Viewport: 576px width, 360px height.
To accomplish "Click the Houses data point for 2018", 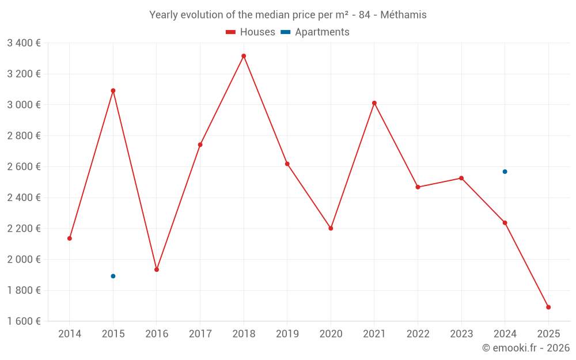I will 244,56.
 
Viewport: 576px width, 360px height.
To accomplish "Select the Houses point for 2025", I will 548,307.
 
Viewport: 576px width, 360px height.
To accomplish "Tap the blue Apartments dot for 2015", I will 113,276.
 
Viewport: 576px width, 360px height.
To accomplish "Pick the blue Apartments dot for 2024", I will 505,172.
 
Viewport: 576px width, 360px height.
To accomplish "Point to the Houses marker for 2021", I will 374,103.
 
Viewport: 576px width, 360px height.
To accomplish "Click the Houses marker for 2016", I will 157,270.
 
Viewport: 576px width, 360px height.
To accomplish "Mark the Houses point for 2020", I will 331,228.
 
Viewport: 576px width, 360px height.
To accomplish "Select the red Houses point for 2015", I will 113,90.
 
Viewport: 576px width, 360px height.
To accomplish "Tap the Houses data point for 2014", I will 70,238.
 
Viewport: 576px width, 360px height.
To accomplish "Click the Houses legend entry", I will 251,32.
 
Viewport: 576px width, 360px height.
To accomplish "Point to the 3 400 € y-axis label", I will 24,43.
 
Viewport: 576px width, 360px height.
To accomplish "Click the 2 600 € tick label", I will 24,166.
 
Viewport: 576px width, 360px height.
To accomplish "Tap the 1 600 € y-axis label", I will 24,321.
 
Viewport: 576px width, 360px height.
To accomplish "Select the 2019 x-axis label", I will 287,334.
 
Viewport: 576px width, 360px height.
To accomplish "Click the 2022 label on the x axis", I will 418,334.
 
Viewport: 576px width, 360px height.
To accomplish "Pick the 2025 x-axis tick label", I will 548,334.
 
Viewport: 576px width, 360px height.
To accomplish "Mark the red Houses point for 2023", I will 461,178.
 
